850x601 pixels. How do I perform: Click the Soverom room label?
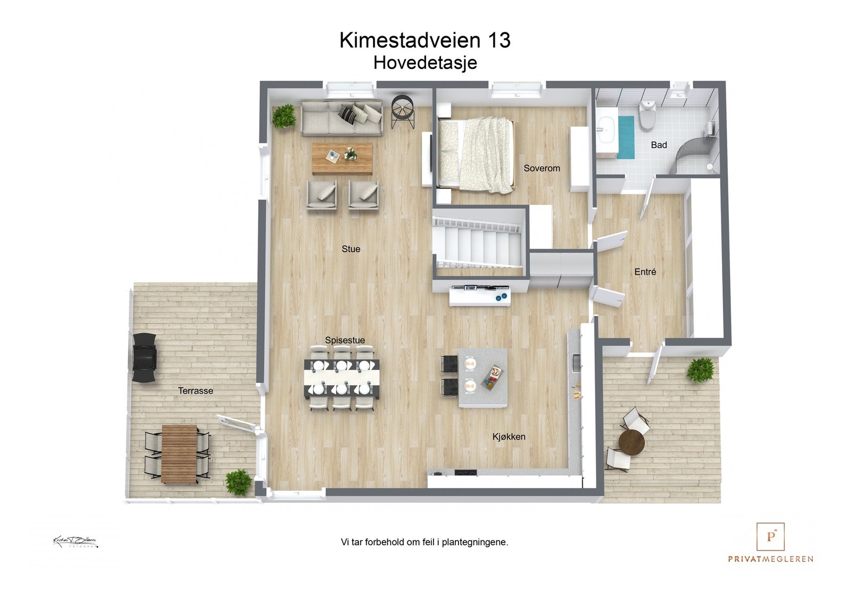click(541, 168)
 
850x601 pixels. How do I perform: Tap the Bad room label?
click(659, 145)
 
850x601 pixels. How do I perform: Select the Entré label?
click(645, 272)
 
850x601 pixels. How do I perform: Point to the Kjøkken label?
click(508, 436)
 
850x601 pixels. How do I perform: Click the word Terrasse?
click(195, 391)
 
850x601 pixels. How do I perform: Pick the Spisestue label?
click(345, 340)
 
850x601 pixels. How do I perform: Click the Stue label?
click(351, 249)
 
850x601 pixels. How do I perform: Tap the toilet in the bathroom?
click(647, 113)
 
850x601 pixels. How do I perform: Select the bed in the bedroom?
click(475, 154)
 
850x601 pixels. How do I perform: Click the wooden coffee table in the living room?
click(342, 158)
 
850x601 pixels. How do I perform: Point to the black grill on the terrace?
click(144, 357)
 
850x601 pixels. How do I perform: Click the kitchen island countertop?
click(483, 377)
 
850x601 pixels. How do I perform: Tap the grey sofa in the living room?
click(341, 118)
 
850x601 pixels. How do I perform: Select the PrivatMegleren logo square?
click(770, 536)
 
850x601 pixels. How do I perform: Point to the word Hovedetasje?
click(425, 63)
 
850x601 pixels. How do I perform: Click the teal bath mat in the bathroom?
click(625, 137)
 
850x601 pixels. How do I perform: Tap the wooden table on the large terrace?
click(178, 454)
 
